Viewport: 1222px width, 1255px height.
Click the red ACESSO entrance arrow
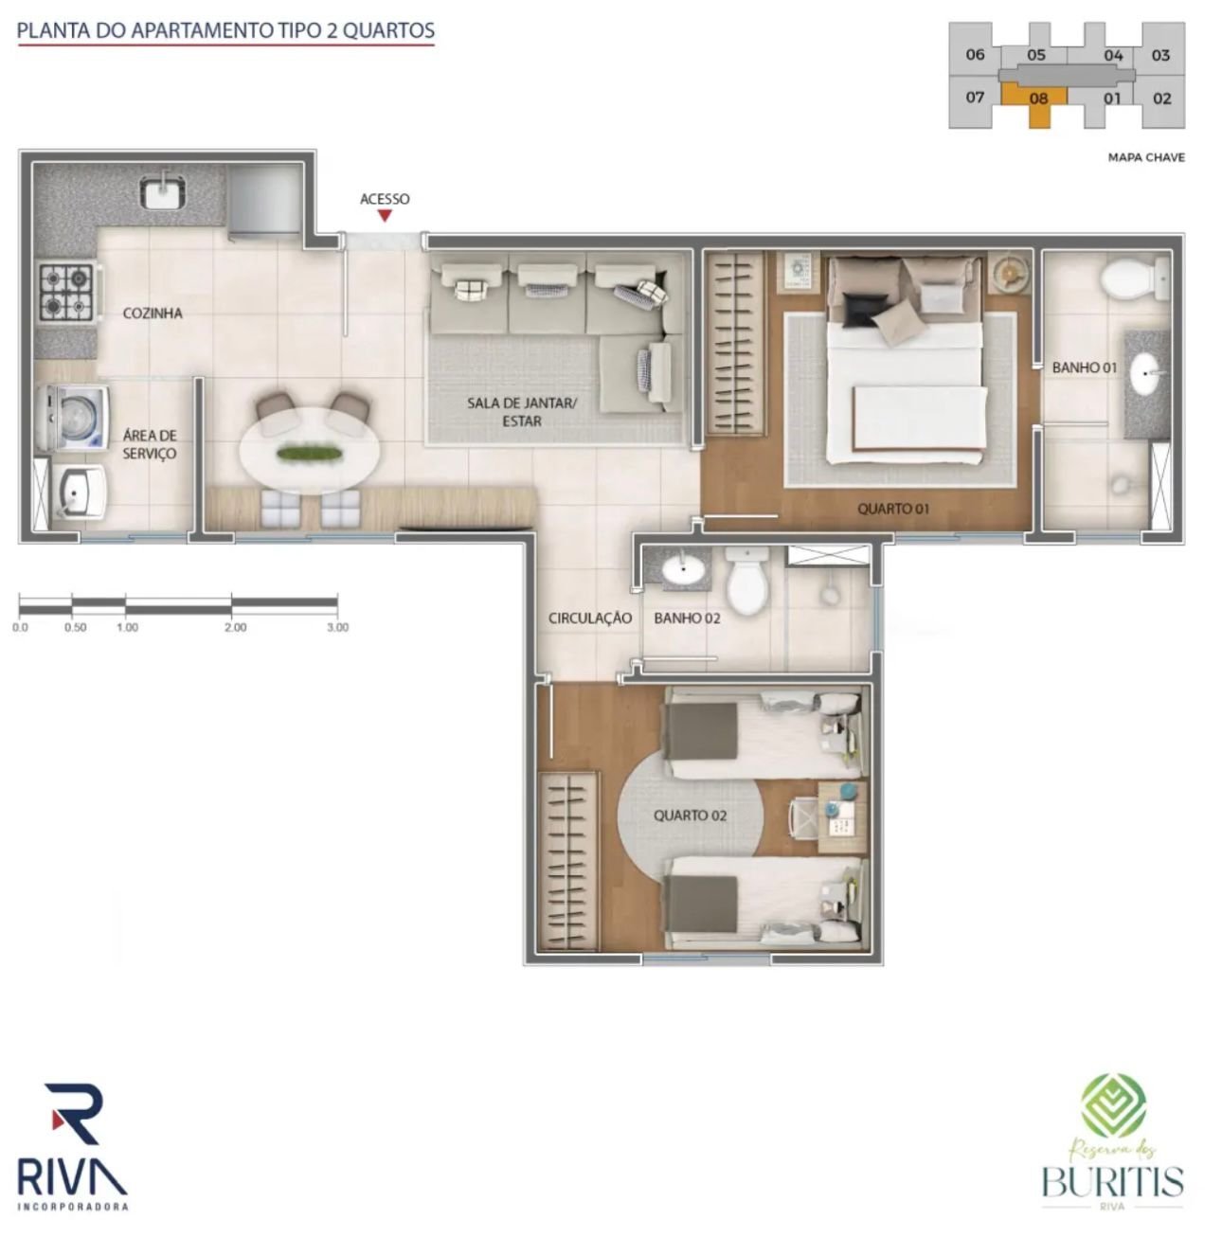pos(385,215)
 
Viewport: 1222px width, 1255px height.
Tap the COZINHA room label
pos(153,314)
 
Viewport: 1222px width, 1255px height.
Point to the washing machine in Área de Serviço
pos(72,418)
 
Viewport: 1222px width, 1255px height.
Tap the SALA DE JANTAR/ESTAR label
pos(522,412)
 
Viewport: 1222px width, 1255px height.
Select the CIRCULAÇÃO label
pos(589,618)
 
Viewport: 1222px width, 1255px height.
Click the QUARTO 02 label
pos(690,816)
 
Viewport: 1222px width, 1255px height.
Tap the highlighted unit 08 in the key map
pos(1037,99)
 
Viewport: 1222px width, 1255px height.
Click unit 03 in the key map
pos(1160,56)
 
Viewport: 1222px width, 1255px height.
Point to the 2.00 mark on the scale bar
pos(235,627)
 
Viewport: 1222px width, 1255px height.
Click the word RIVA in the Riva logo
pos(72,1178)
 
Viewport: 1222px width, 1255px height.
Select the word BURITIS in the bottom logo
pos(1112,1181)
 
